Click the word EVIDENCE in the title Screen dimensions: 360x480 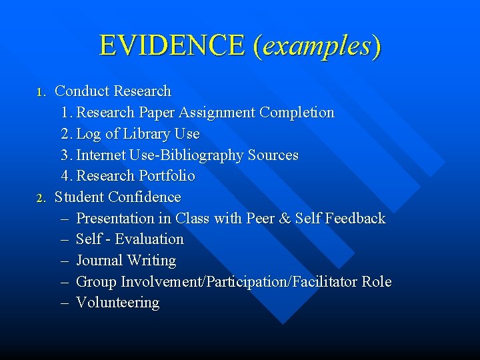(x=173, y=45)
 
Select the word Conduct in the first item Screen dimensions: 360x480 (x=82, y=91)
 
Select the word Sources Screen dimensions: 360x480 (x=273, y=155)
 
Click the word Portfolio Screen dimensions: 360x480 (x=167, y=176)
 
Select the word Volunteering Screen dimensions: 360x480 (x=118, y=303)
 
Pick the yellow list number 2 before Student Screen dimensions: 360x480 (x=41, y=198)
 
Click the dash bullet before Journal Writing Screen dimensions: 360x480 (x=65, y=261)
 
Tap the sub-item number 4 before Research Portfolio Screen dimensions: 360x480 (x=65, y=176)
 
